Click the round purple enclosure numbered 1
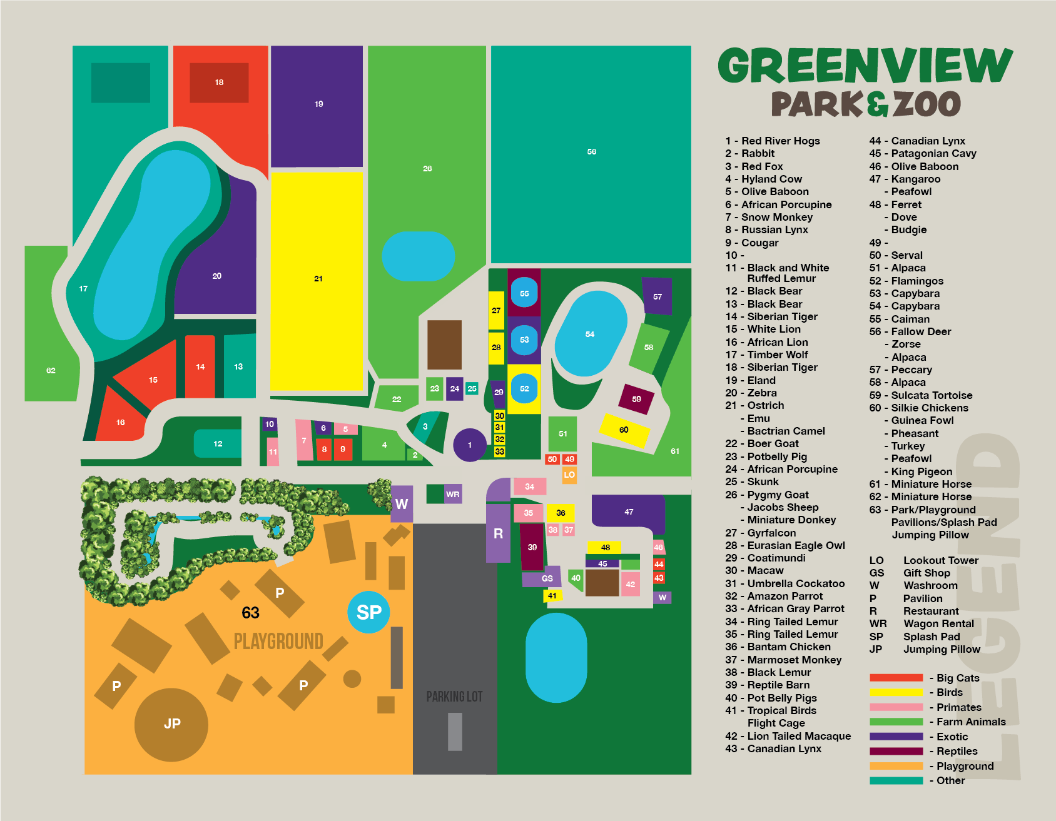[469, 445]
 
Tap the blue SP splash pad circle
[368, 612]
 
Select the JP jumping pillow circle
[171, 724]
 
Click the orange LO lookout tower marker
[569, 475]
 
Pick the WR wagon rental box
[453, 494]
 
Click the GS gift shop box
[547, 578]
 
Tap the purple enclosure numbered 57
[657, 296]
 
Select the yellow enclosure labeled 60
[624, 430]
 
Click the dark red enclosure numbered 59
[636, 399]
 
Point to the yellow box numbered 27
[496, 310]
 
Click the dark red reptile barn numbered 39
[532, 547]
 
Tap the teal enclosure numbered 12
[218, 443]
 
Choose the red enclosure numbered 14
[200, 366]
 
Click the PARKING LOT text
[454, 697]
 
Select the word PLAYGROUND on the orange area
[278, 642]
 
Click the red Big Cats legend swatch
[896, 678]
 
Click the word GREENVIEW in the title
[865, 65]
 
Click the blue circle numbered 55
[524, 293]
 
